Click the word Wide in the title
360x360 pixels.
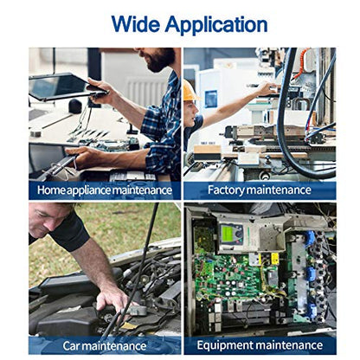pyautogui.click(x=135, y=24)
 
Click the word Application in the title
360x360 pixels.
pyautogui.click(x=216, y=25)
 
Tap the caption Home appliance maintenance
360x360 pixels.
pyautogui.click(x=105, y=190)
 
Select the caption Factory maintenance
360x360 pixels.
pyautogui.click(x=260, y=190)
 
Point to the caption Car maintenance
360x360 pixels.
pyautogui.click(x=105, y=345)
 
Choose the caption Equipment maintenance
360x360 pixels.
pyautogui.click(x=260, y=345)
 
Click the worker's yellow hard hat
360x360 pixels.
pyautogui.click(x=190, y=91)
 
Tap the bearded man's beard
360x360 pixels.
pyautogui.click(x=160, y=60)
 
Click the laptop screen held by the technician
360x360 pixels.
pyautogui.click(x=62, y=86)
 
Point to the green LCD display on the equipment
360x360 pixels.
pyautogui.click(x=228, y=233)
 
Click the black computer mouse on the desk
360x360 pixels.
pyautogui.click(x=75, y=106)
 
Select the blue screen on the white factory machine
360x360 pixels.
pyautogui.click(x=211, y=99)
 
